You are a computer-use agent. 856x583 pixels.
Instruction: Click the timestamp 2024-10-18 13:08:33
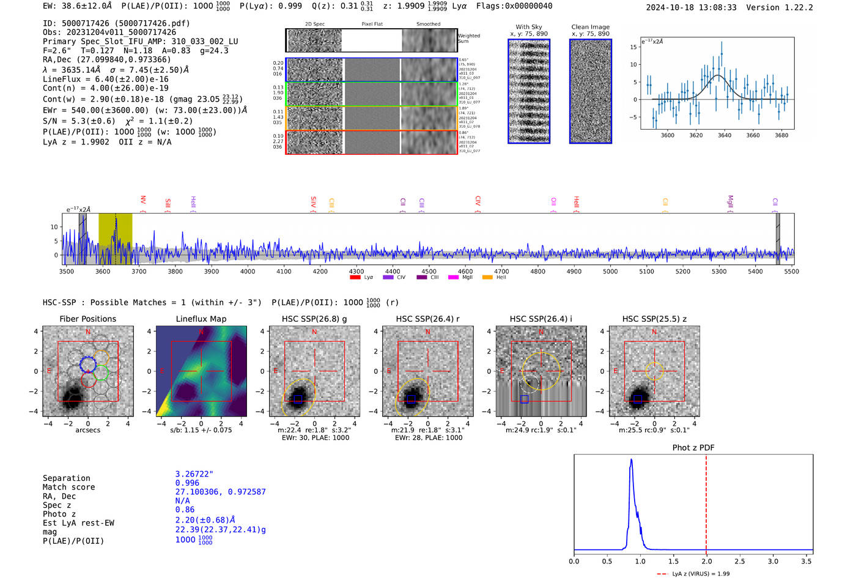691,7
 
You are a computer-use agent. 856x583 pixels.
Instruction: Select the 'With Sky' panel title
528,27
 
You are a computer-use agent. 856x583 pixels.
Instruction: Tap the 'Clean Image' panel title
590,27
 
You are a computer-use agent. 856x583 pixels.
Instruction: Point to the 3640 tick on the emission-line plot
725,135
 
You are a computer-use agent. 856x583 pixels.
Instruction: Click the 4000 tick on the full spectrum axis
248,271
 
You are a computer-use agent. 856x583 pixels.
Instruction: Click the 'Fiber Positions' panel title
87,319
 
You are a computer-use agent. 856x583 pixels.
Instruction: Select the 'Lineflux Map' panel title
201,319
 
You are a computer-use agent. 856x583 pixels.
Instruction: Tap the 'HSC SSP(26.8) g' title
314,319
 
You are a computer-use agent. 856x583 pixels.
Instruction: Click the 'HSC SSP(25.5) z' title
654,319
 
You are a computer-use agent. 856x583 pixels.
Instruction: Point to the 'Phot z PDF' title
693,448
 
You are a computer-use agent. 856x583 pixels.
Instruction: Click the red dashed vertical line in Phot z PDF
706,502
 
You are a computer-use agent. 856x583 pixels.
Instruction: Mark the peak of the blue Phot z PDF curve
631,460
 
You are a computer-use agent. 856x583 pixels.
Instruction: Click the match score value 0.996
187,483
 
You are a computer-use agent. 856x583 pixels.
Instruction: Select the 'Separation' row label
66,478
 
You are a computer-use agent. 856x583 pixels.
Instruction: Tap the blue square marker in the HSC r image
411,399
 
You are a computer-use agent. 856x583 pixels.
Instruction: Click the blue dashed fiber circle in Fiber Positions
88,364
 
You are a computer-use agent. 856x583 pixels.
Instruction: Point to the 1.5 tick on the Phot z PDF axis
673,561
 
